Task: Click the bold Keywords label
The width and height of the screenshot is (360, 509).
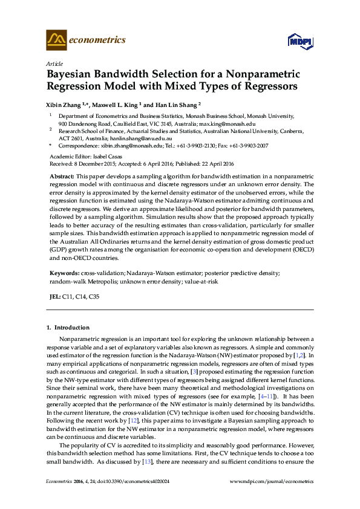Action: pos(64,273)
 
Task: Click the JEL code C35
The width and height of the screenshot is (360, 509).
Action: pos(94,297)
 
